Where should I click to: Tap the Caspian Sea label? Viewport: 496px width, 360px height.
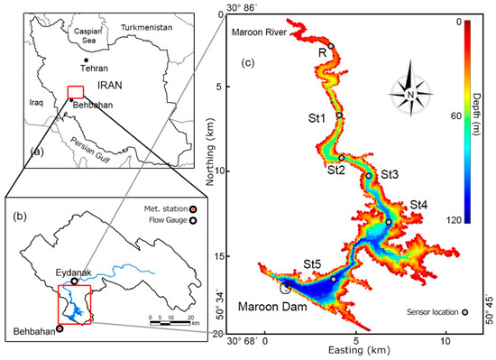[85, 35]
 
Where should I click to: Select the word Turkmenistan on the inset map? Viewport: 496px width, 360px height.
[151, 29]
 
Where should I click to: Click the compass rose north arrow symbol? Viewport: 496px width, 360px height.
[411, 90]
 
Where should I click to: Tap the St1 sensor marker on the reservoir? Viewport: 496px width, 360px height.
[339, 115]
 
